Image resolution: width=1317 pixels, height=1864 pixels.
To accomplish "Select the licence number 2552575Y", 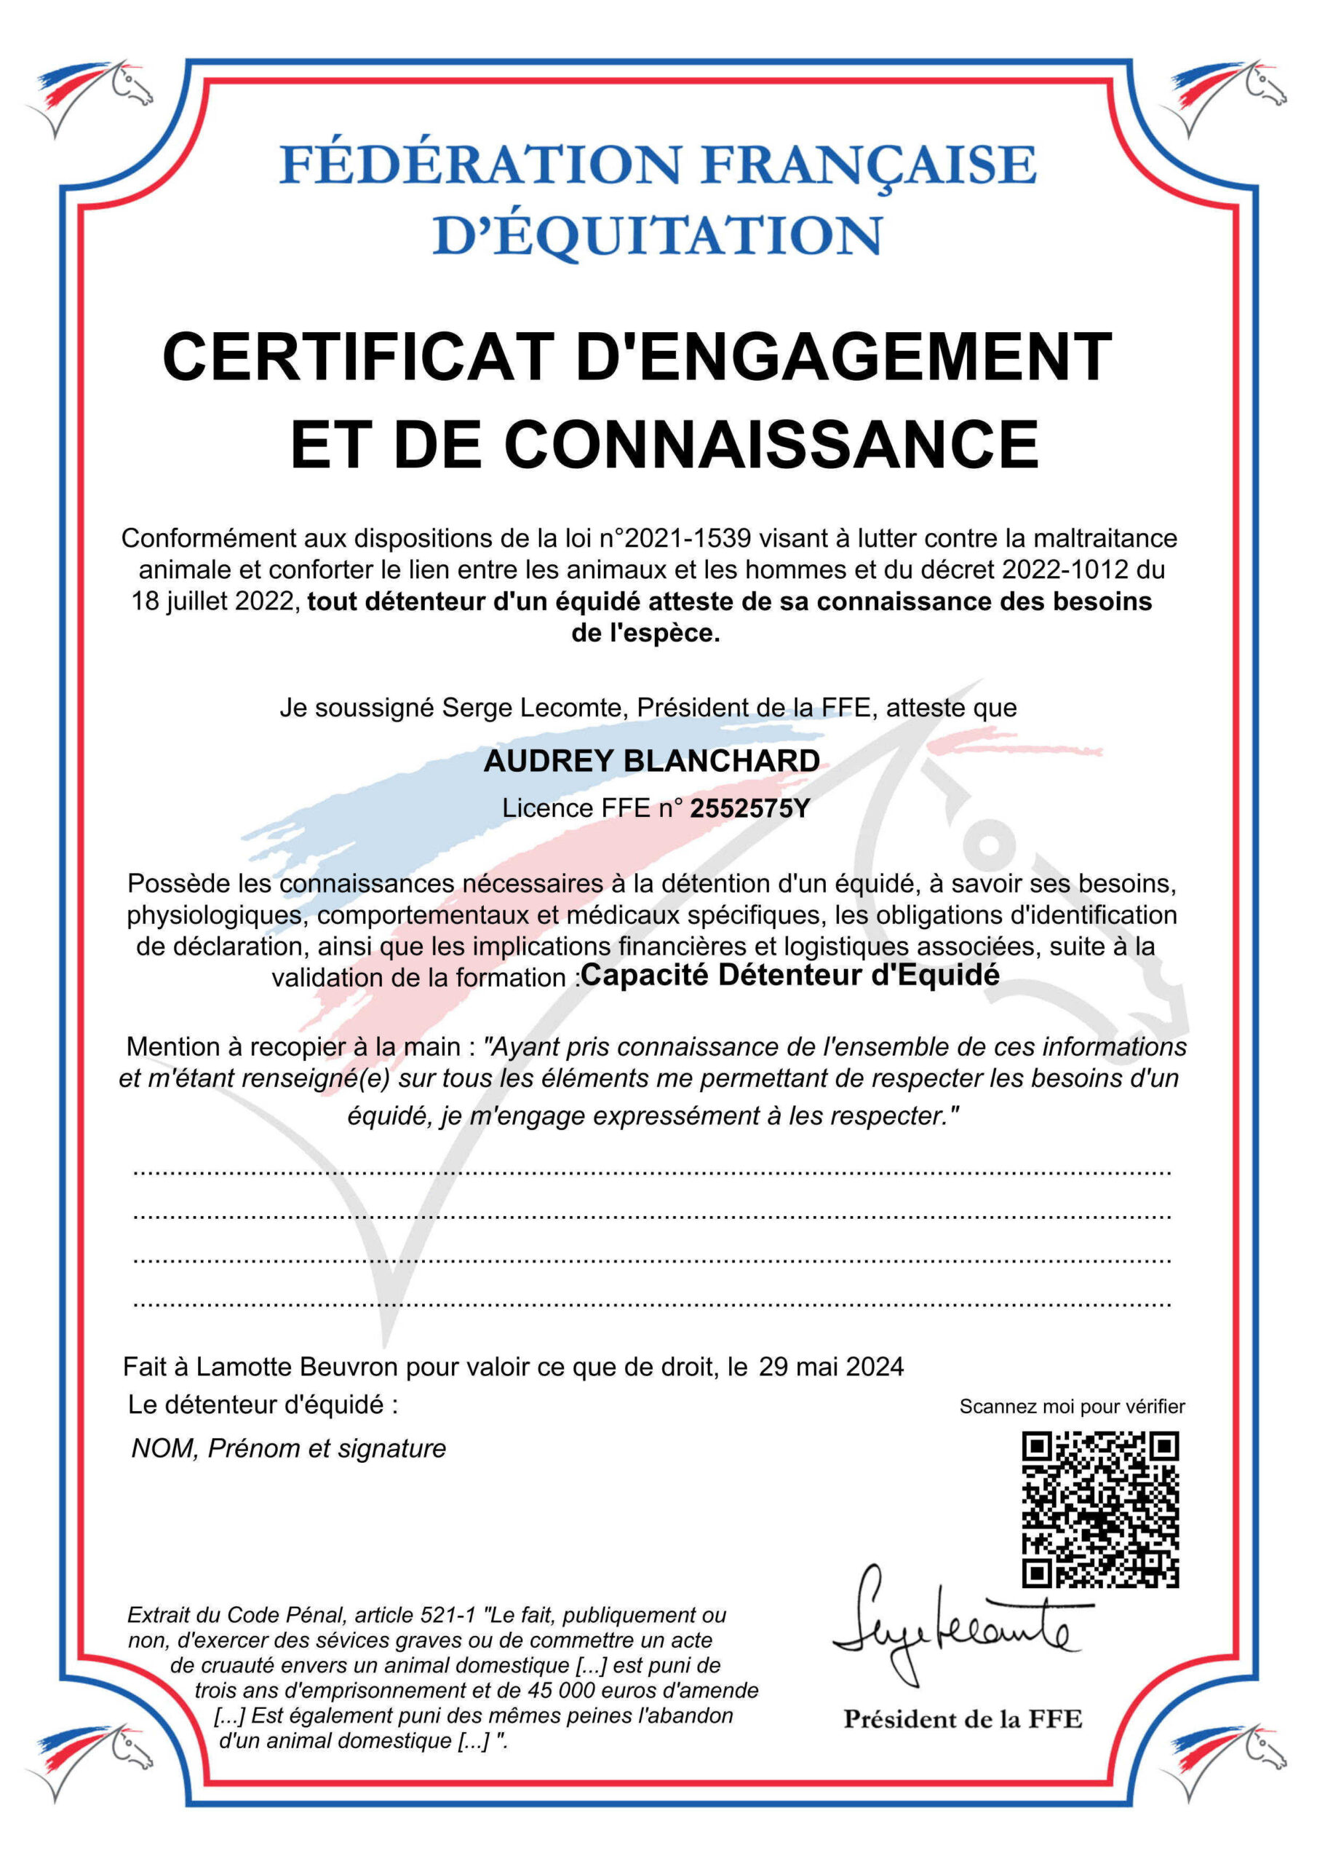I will click(749, 809).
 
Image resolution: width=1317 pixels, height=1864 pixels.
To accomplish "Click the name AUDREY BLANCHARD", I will click(652, 761).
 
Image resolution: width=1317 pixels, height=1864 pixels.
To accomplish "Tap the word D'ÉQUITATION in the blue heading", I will click(657, 236).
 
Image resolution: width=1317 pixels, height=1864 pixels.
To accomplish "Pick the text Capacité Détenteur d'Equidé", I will click(789, 975).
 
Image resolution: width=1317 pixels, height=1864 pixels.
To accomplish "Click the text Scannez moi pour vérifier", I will click(1071, 1407).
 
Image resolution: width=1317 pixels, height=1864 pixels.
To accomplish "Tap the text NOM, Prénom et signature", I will click(289, 1448).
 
